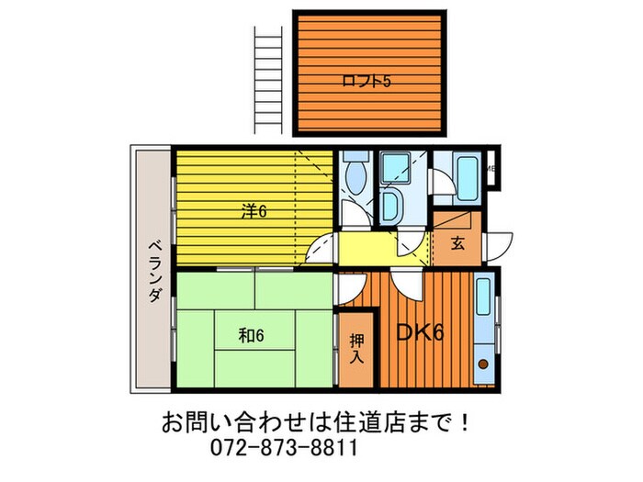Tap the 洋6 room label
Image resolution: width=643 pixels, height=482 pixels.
point(254,210)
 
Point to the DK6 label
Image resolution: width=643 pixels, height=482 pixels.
point(420,331)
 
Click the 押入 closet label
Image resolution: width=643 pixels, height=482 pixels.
point(355,348)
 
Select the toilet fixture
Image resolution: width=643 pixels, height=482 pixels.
point(355,174)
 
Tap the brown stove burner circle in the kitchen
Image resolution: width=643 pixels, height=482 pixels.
point(482,364)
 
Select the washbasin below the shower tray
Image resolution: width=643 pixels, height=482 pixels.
point(389,204)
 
